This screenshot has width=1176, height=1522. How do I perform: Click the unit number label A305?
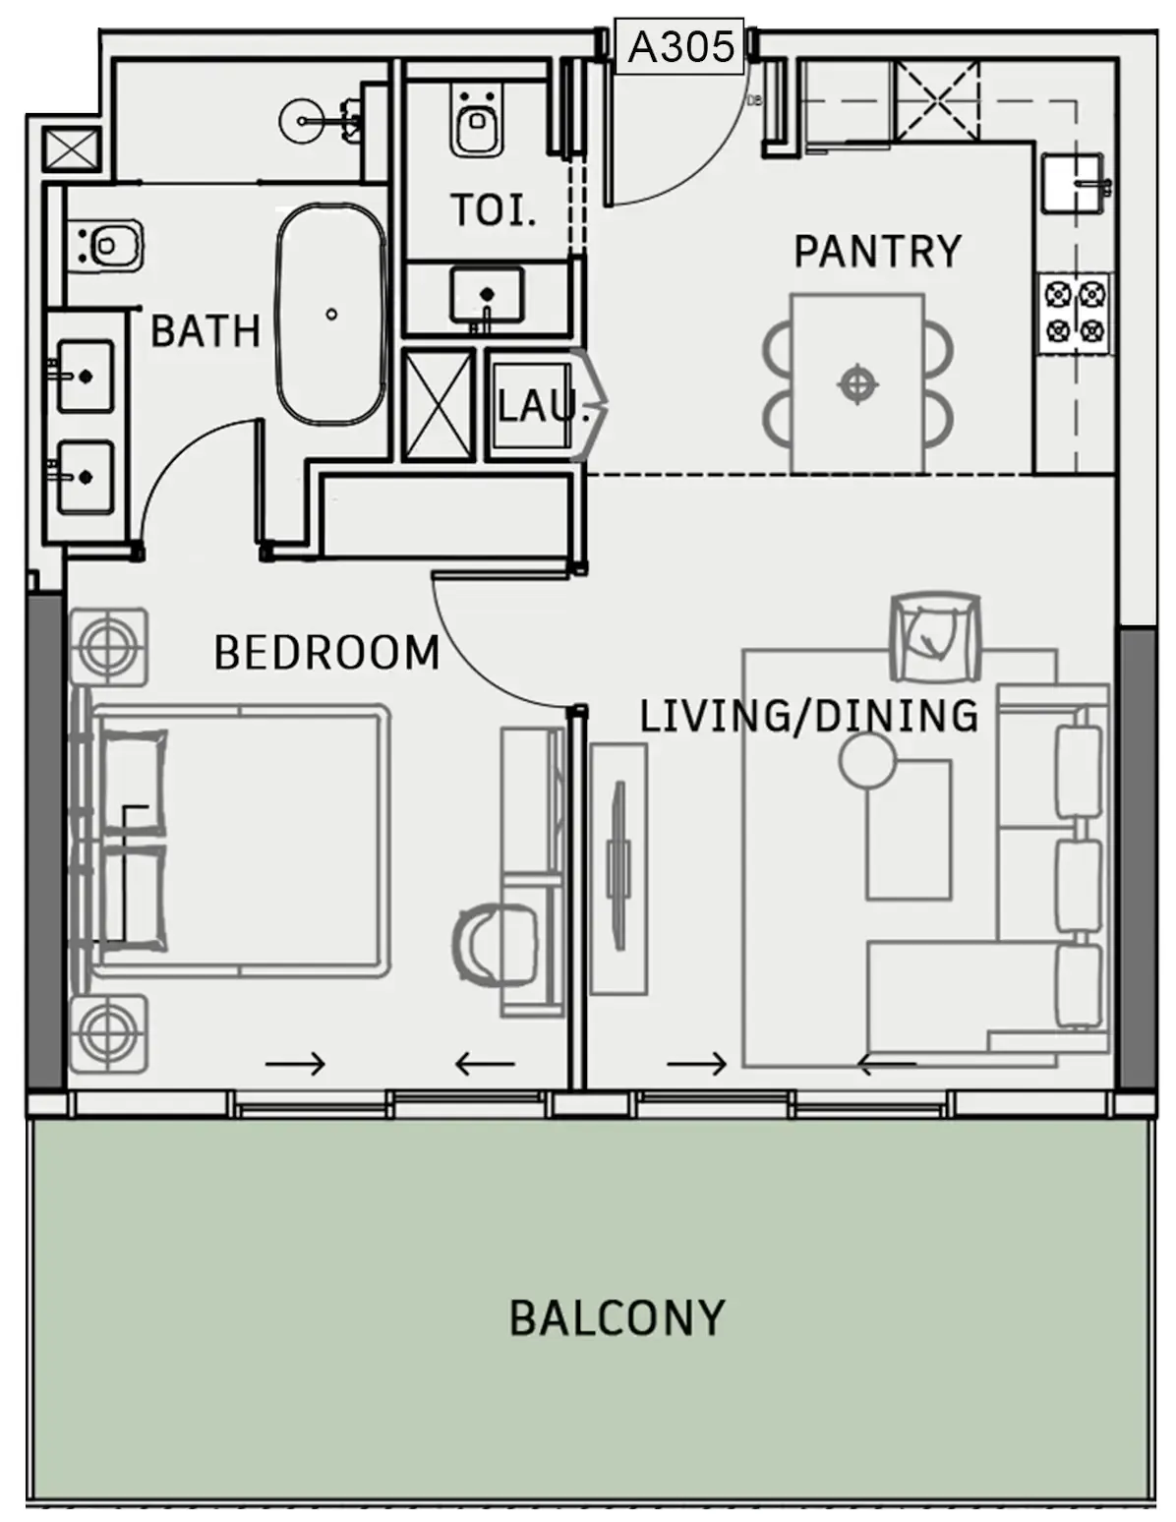[680, 46]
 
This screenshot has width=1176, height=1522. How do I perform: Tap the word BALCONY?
[617, 1318]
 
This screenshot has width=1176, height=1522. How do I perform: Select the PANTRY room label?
[877, 252]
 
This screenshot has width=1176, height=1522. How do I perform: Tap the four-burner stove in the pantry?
[1076, 312]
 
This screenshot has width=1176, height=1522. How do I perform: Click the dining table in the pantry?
[858, 383]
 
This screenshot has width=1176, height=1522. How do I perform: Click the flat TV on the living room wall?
[617, 865]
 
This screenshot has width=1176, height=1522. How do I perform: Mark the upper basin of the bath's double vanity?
[85, 377]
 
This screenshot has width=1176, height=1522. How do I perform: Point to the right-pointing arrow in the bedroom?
[295, 1063]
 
